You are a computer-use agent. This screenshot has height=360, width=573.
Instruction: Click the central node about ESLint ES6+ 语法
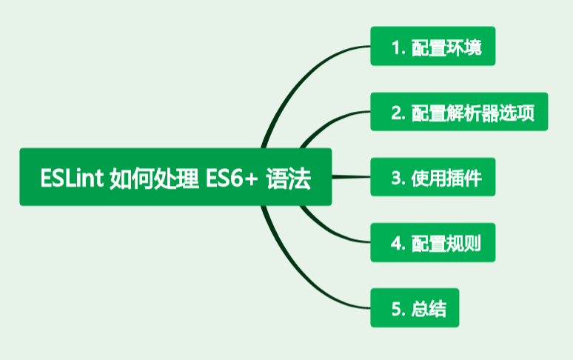pyautogui.click(x=175, y=177)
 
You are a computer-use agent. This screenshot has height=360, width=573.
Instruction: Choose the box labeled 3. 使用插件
pyautogui.click(x=432, y=178)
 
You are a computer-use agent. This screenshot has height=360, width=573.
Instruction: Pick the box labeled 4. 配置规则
pyautogui.click(x=432, y=242)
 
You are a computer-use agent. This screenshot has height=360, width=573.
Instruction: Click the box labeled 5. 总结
pyautogui.click(x=415, y=307)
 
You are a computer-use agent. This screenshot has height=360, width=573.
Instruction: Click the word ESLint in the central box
pyautogui.click(x=72, y=179)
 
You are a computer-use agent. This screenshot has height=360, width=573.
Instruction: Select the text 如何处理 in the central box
pyautogui.click(x=153, y=179)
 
